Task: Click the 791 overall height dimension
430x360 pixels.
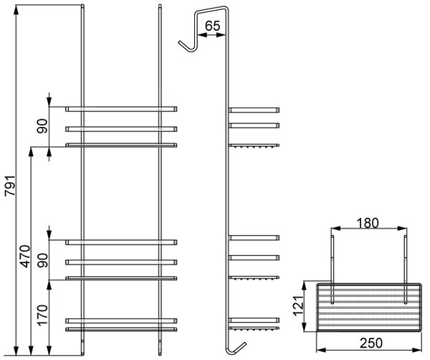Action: (x=11, y=185)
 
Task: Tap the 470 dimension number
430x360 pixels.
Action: (x=25, y=256)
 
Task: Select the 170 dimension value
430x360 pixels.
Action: (x=42, y=315)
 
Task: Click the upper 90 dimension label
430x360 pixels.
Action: (x=42, y=126)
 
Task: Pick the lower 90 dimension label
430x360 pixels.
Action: (x=42, y=260)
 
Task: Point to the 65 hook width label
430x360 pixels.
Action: (x=213, y=26)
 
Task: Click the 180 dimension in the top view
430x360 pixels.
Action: (x=368, y=223)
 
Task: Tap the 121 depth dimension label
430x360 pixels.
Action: (x=298, y=306)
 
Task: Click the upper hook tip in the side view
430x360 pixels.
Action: (x=180, y=42)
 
